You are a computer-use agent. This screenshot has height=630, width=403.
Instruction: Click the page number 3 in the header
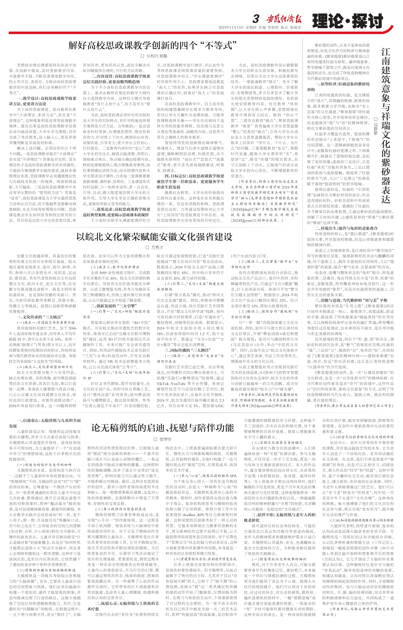tap(256, 19)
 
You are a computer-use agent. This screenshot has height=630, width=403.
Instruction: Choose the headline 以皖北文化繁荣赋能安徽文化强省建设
tap(154, 237)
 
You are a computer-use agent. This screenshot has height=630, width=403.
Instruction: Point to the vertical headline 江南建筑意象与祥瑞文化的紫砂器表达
tap(385, 126)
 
